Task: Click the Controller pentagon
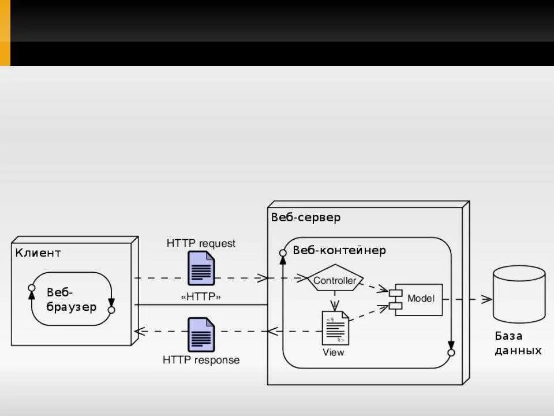334,281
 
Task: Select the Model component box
420,299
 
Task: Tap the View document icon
335,328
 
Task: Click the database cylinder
519,294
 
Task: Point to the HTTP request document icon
201,268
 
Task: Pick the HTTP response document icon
201,335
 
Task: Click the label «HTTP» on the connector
201,297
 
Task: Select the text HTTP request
201,243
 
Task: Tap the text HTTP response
201,360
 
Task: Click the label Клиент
38,252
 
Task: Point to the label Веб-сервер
306,217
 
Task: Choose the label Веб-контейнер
339,250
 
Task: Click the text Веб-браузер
72,299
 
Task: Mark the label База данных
518,343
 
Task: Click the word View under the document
334,352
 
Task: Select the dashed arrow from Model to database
467,299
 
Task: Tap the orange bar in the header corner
5,32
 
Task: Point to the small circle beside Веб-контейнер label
283,252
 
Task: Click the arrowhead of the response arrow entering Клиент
138,331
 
